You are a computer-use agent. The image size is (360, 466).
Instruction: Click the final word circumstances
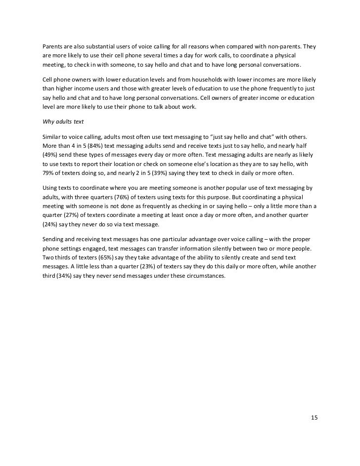203,276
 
